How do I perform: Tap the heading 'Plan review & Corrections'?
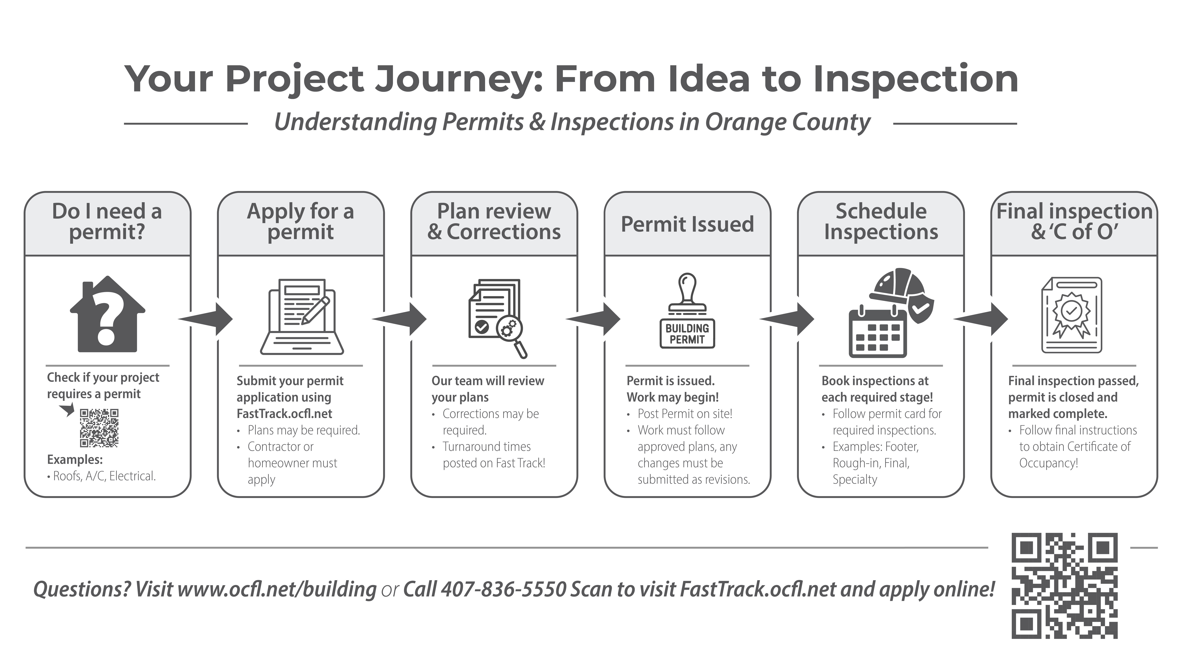494,222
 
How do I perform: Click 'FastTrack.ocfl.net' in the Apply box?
284,414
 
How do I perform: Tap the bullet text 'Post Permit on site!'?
685,414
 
